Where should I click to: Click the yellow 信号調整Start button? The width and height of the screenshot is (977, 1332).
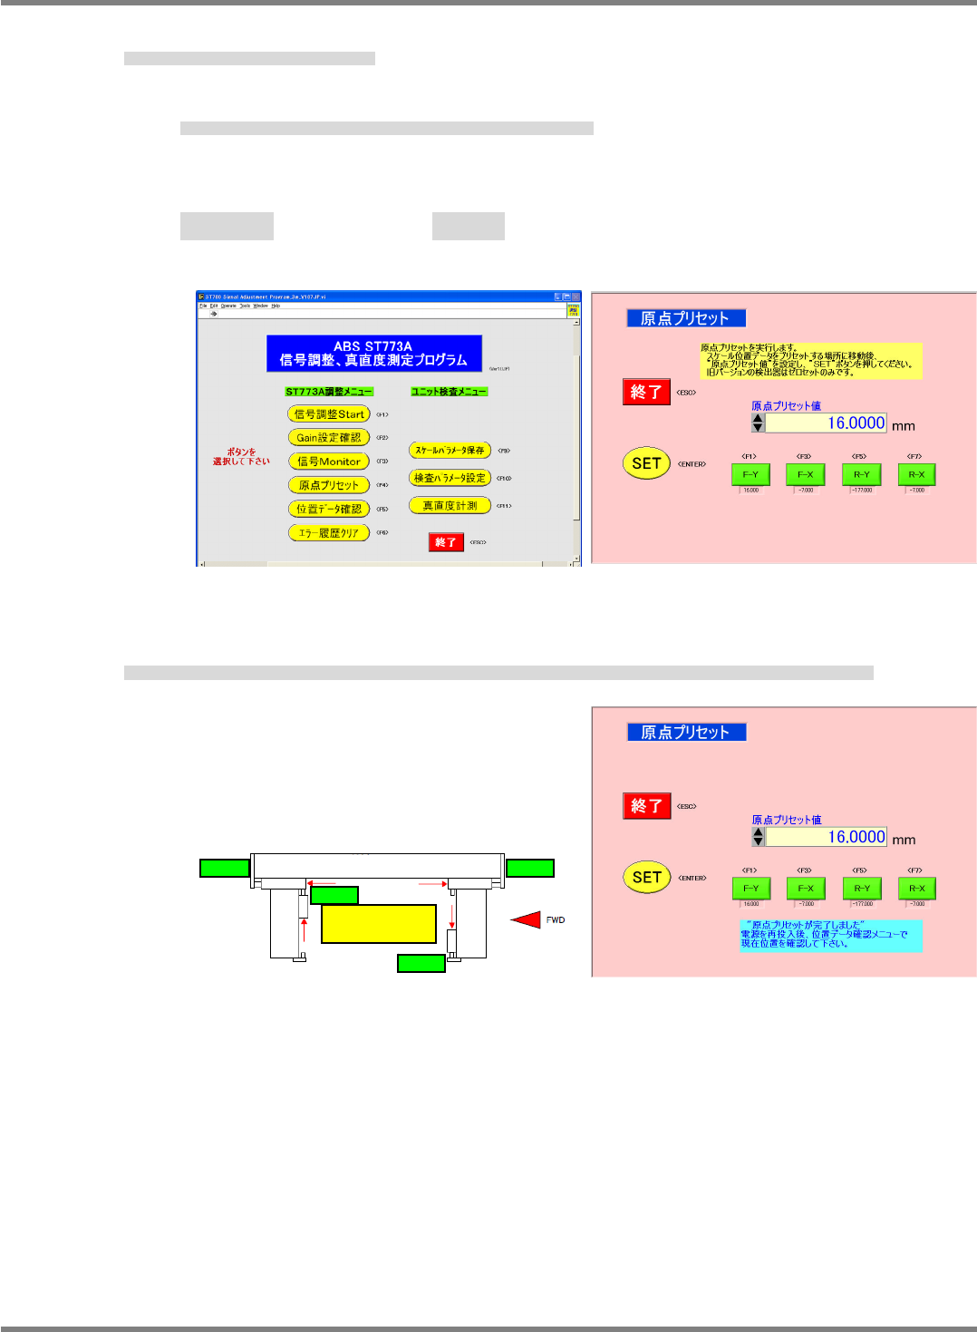328,414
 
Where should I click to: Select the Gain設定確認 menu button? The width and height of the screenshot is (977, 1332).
328,438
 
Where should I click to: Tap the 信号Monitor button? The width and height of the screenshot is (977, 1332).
328,462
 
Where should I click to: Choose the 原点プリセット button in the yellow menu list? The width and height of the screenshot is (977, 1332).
328,485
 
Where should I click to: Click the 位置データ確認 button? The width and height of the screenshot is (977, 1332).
328,509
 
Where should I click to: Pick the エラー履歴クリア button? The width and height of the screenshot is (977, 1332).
328,533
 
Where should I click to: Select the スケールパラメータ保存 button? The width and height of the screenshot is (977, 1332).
450,451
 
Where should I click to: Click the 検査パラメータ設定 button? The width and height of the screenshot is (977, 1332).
450,478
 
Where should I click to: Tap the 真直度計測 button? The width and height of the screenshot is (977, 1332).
450,506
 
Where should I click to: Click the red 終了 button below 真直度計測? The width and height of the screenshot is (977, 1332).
446,542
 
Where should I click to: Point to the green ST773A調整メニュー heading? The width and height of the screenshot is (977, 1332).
328,392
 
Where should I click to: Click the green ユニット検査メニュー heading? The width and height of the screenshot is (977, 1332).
449,392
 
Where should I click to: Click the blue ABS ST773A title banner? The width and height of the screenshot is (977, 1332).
373,354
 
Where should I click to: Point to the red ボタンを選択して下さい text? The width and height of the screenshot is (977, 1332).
241,456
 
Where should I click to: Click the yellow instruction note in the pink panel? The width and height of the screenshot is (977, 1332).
811,360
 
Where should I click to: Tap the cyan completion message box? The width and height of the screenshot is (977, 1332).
830,936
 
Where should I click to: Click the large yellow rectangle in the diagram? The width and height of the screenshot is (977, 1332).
379,923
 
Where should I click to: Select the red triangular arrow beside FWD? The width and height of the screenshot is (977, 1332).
527,919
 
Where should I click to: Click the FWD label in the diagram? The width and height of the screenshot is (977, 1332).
556,920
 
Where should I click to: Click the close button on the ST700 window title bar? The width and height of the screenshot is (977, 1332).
576,297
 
